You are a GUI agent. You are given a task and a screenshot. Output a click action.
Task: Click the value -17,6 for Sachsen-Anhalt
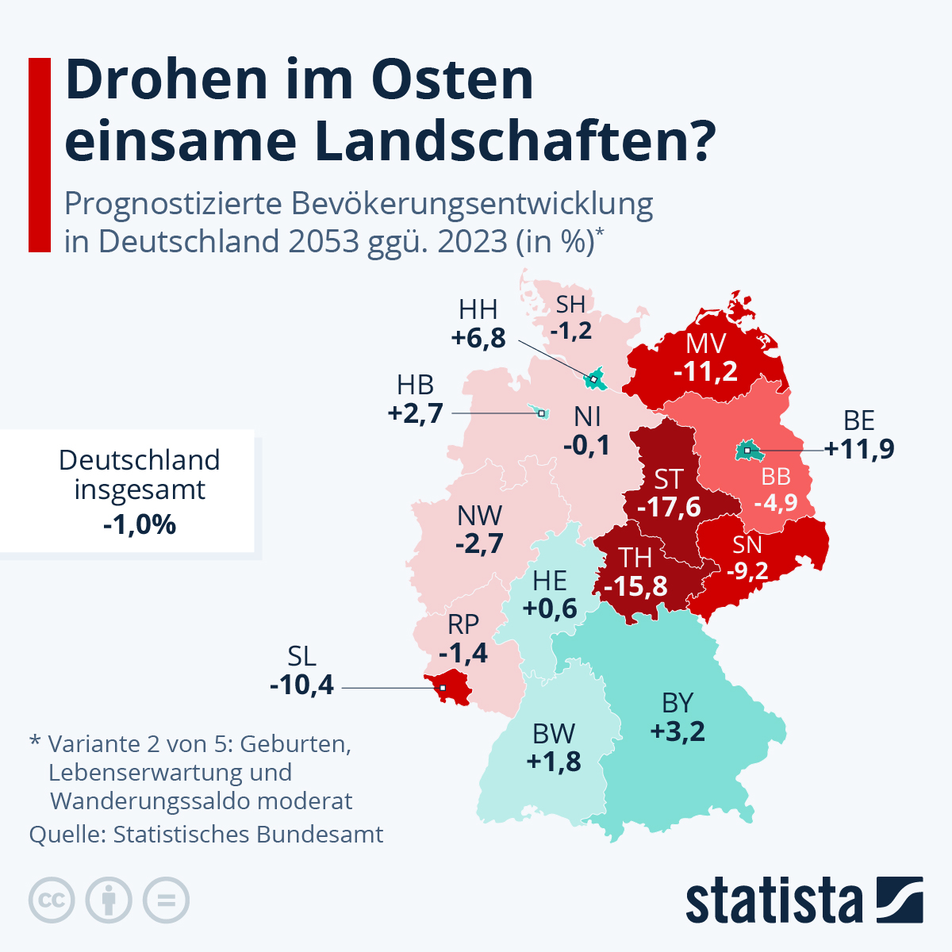coord(669,507)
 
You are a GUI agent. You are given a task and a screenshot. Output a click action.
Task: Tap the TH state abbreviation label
coord(635,558)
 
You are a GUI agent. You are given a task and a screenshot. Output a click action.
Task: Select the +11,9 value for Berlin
coord(859,449)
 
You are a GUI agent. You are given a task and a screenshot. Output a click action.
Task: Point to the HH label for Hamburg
coord(478,309)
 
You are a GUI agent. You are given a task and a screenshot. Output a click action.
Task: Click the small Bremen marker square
coord(542,413)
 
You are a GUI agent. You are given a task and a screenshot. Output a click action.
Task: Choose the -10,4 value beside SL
coord(302,684)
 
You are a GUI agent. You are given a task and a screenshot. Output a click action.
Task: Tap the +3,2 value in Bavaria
coord(678,731)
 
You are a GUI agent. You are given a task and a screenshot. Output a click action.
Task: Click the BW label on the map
coord(554,733)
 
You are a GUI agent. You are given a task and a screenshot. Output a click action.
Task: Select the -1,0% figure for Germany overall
coord(140,524)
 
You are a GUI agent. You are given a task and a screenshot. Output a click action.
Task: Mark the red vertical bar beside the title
coord(40,155)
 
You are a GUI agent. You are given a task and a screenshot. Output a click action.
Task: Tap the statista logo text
coord(773,901)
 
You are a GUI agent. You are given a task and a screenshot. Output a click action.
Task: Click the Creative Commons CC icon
coord(52,900)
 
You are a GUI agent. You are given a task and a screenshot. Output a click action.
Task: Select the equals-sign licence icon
coord(166,900)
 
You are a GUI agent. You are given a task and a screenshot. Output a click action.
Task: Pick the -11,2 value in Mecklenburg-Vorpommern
coord(705,370)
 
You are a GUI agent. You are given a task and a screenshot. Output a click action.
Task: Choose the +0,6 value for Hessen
coord(550,608)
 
